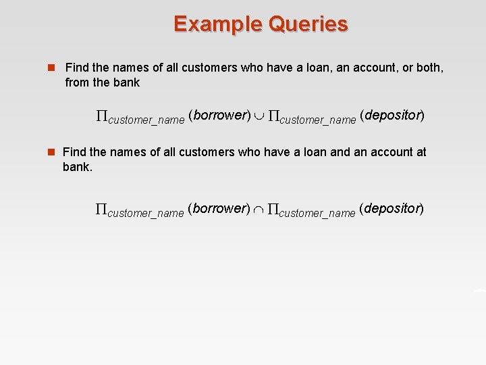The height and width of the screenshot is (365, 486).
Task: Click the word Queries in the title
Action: [x=308, y=24]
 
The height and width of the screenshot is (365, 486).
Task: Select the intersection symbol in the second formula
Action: [x=259, y=210]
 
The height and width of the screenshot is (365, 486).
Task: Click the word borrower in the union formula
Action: [x=220, y=115]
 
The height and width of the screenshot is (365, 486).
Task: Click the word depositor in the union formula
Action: [x=392, y=115]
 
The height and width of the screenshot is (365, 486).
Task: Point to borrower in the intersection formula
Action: [x=220, y=208]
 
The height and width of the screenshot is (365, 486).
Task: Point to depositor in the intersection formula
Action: [x=391, y=208]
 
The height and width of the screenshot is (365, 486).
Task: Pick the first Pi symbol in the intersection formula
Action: [x=101, y=210]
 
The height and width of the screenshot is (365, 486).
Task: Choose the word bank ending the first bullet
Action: [x=127, y=82]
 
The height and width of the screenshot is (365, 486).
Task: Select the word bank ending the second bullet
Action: [x=76, y=166]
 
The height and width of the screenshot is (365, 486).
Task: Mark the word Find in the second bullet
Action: [x=76, y=152]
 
